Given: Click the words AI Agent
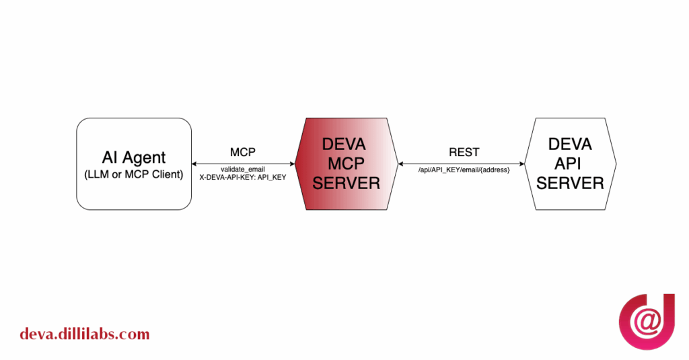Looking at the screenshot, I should pyautogui.click(x=133, y=157).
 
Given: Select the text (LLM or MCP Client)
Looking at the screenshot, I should pyautogui.click(x=133, y=175).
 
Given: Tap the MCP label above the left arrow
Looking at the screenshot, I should pyautogui.click(x=243, y=152).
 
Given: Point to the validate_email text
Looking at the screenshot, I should pyautogui.click(x=243, y=169).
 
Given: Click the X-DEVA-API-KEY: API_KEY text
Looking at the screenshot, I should pyautogui.click(x=243, y=177).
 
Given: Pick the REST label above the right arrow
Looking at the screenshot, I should pyautogui.click(x=464, y=152).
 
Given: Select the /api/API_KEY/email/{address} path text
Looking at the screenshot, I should pyautogui.click(x=464, y=172).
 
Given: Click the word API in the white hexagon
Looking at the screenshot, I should pyautogui.click(x=570, y=164).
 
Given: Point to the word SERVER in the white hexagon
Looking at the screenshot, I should pyautogui.click(x=570, y=183).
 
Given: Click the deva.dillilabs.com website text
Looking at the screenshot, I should pyautogui.click(x=84, y=334).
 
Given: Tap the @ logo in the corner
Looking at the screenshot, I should pyautogui.click(x=647, y=322).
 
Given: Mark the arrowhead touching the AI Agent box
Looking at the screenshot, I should pyautogui.click(x=195, y=164).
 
